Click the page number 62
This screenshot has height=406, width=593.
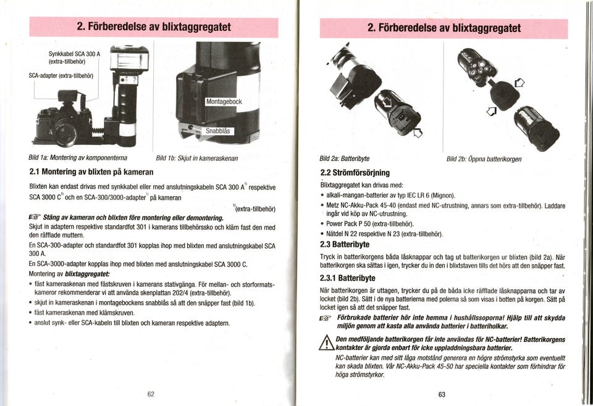tap(151, 394)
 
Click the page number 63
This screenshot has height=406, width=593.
tap(442, 394)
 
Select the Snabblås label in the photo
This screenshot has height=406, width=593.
tap(217, 131)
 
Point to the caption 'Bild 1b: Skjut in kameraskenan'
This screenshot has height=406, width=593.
tap(197, 159)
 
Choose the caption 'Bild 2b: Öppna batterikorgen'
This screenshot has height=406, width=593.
tap(484, 159)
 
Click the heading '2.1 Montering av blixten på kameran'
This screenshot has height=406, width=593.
tap(91, 171)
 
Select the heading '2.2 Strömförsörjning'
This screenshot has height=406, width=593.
tap(355, 173)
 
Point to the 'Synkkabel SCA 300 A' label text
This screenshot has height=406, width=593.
tap(75, 54)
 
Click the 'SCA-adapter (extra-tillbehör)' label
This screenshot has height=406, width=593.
tap(61, 75)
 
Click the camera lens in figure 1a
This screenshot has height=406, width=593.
tap(65, 131)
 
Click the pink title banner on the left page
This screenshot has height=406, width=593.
tap(154, 27)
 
